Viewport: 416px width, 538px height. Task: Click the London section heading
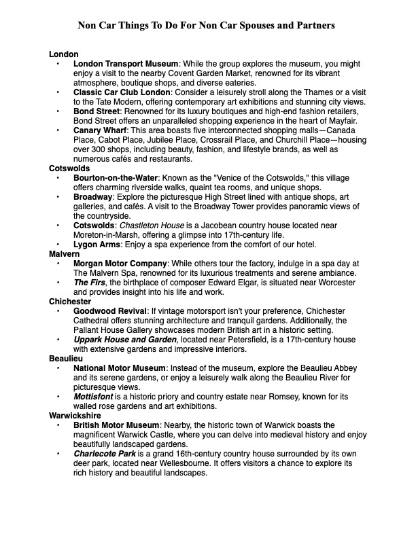64,54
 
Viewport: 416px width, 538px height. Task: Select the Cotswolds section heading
69,168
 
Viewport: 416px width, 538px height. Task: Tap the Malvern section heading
65,253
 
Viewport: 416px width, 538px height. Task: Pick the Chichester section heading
70,301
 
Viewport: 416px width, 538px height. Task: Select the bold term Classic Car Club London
122,92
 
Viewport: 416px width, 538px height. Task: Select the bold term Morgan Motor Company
120,263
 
